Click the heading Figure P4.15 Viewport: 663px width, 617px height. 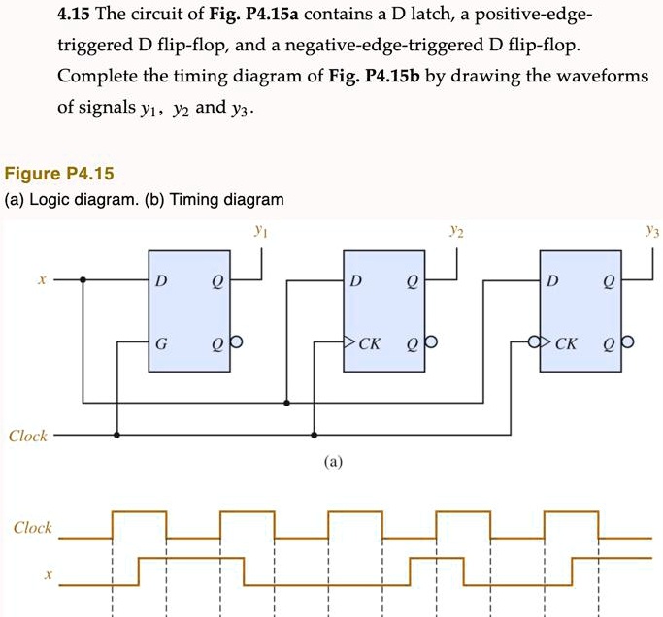click(59, 175)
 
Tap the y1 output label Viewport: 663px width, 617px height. click(258, 232)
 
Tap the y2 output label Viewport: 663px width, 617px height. click(456, 232)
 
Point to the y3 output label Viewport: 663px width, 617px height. click(652, 232)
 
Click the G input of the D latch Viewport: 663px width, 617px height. click(160, 342)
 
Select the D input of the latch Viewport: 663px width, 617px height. click(160, 281)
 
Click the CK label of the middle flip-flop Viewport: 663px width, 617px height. click(370, 342)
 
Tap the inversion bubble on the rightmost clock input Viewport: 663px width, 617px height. click(533, 342)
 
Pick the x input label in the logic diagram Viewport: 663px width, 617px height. click(41, 280)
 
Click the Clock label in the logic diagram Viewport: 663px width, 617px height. click(28, 436)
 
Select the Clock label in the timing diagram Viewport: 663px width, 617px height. click(32, 528)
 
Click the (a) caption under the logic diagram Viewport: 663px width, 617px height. click(332, 463)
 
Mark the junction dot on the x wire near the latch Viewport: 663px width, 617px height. click(83, 280)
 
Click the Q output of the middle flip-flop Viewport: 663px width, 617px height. click(413, 281)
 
